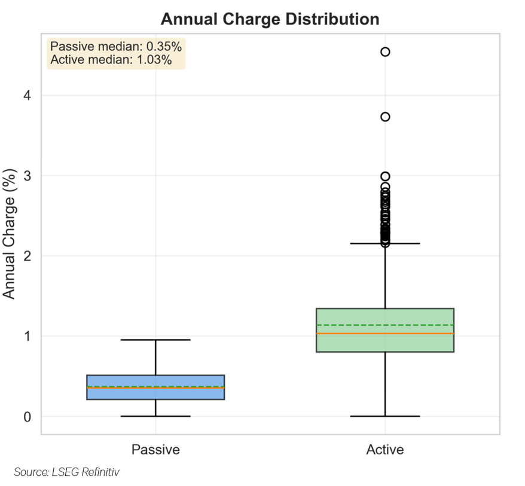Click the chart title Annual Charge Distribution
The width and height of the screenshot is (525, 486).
[270, 19]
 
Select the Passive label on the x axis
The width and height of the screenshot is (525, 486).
[155, 450]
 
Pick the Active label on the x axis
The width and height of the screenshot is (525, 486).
[385, 450]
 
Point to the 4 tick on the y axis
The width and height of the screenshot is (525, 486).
[28, 95]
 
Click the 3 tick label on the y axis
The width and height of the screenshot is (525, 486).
[28, 176]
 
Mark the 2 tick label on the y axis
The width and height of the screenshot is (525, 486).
[28, 256]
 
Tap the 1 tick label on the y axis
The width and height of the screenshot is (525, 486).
[28, 336]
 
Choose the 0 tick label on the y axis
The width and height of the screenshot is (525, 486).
[28, 417]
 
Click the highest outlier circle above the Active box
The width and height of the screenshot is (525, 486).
[385, 52]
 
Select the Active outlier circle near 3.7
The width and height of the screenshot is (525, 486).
[385, 117]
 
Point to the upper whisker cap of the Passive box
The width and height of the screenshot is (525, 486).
[155, 340]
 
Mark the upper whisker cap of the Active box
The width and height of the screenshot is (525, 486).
[385, 243]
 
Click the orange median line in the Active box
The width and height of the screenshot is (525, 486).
[419, 334]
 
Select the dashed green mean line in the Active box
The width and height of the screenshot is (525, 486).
[419, 325]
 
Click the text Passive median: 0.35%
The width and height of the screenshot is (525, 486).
[116, 47]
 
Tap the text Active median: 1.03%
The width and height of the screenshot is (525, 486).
[111, 60]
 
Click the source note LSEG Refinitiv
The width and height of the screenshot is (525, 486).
[67, 472]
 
